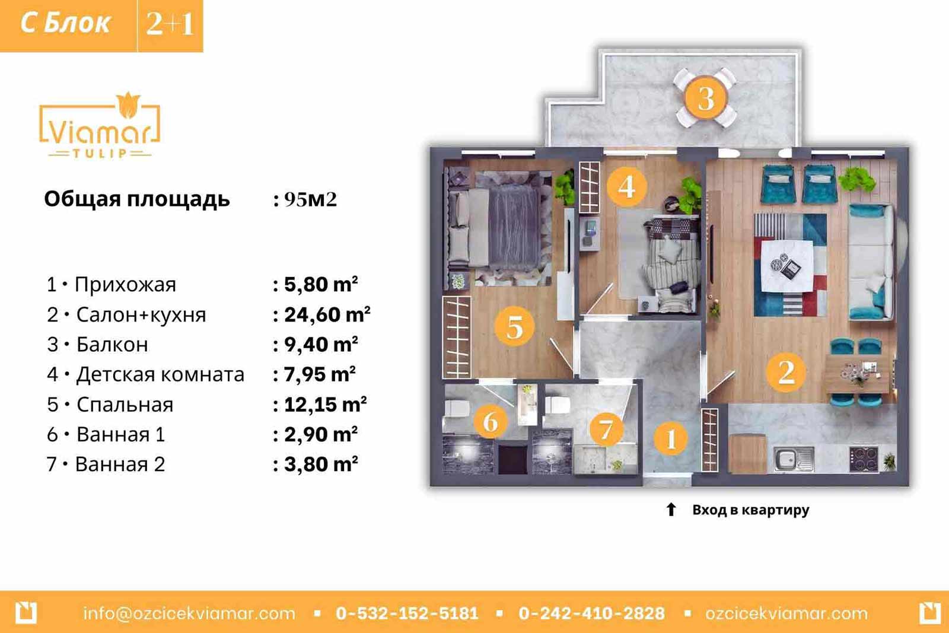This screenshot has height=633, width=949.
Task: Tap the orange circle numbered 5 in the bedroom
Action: pyautogui.click(x=515, y=327)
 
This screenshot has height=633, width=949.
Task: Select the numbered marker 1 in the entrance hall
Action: pyautogui.click(x=671, y=438)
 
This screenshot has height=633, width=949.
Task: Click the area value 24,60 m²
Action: pyautogui.click(x=327, y=314)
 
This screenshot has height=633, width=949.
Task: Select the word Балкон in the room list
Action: pyautogui.click(x=112, y=345)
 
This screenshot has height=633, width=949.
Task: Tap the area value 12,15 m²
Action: pyautogui.click(x=325, y=404)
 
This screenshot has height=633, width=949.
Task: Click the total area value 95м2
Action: pyautogui.click(x=311, y=199)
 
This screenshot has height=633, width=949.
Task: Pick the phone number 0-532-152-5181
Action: pyautogui.click(x=407, y=613)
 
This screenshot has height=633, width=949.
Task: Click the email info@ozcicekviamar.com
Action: pyautogui.click(x=189, y=613)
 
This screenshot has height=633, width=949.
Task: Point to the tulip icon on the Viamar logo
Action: pyautogui.click(x=128, y=104)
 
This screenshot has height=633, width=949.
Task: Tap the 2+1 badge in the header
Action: pyautogui.click(x=170, y=24)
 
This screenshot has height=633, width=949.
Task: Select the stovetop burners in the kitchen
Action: pyautogui.click(x=864, y=459)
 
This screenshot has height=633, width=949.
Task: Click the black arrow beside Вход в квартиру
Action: pyautogui.click(x=671, y=509)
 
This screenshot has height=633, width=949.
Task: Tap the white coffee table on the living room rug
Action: pyautogui.click(x=787, y=266)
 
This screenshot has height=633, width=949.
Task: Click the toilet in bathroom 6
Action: pyautogui.click(x=457, y=408)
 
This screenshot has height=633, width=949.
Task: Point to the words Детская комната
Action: pyautogui.click(x=160, y=374)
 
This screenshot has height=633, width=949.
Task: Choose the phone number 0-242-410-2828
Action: pyautogui.click(x=591, y=613)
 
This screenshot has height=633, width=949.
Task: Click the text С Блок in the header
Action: pyautogui.click(x=65, y=23)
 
